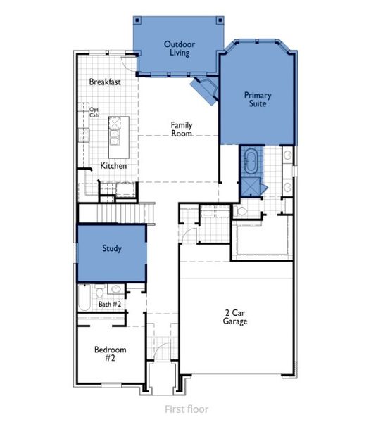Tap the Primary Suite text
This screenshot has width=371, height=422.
click(258, 98)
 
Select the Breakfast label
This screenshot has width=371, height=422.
click(105, 82)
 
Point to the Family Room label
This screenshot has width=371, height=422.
click(181, 129)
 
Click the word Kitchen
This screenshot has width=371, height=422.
click(113, 166)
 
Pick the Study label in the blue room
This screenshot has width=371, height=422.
click(111, 248)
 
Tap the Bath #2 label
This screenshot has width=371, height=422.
click(109, 304)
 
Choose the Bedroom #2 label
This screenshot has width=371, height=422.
click(110, 354)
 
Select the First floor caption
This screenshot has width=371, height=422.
click(186, 409)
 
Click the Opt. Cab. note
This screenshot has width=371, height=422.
click(95, 113)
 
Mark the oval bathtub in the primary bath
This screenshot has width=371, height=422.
click(251, 161)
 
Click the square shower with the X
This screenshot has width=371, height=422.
click(251, 185)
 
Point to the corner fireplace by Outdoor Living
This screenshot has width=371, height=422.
click(205, 89)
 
